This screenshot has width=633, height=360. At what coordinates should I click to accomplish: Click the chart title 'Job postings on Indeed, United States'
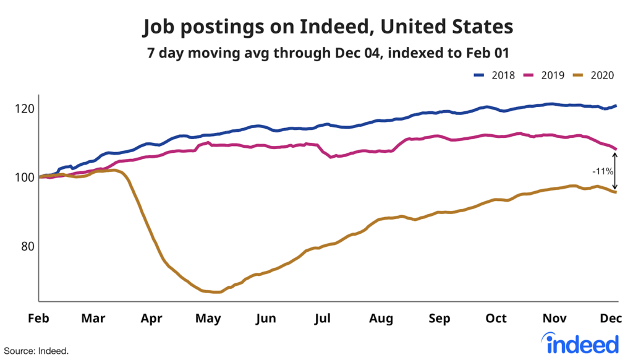click(x=328, y=27)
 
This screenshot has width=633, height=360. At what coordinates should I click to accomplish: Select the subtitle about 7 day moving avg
click(x=328, y=53)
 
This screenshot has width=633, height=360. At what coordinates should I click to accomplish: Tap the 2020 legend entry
click(x=593, y=75)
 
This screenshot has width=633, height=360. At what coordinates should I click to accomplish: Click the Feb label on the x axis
click(x=38, y=319)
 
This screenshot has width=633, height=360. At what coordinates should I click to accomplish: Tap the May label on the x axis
click(x=208, y=319)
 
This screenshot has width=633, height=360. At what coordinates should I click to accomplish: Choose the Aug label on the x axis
click(x=381, y=319)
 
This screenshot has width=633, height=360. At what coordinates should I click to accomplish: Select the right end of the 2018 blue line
click(x=616, y=106)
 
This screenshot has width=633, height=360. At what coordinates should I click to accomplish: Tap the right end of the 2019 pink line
click(x=616, y=148)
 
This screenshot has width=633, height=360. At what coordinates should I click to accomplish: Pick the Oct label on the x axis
click(x=496, y=319)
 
